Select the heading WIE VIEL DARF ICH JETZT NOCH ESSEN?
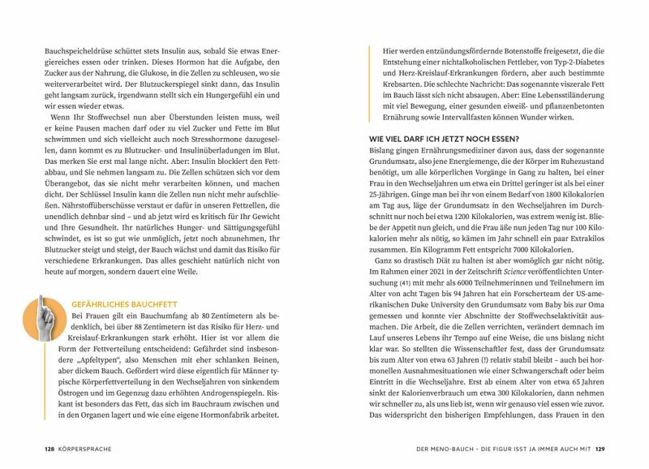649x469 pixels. [x=445, y=138]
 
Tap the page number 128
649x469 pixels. [x=49, y=448]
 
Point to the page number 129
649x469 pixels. [x=599, y=448]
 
